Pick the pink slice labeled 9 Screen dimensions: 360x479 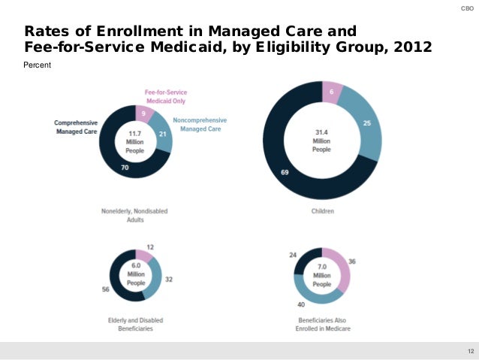[x=144, y=113]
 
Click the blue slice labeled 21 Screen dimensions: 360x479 [x=162, y=133]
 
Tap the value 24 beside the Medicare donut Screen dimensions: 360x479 [x=293, y=255]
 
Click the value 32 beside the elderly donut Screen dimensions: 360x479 [x=169, y=279]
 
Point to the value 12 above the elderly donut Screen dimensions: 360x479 [x=150, y=247]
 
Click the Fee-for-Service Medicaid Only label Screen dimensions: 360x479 [x=165, y=96]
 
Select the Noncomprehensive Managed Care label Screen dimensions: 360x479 [x=199, y=124]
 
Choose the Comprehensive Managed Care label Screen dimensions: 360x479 [x=76, y=128]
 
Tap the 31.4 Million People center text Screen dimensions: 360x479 [x=321, y=141]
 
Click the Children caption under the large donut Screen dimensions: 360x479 [x=322, y=211]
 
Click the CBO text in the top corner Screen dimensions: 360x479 [x=465, y=8]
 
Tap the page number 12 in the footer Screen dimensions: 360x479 [x=470, y=351]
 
